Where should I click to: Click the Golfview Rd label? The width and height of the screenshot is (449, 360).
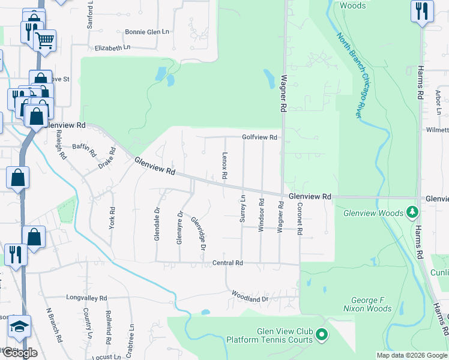coord(259,137)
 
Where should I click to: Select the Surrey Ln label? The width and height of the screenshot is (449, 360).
coord(243,209)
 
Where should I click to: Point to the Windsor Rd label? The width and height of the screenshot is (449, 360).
coord(262,213)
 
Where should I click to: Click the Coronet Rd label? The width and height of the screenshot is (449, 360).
coord(298,218)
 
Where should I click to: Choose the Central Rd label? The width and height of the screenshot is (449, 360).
coord(227,263)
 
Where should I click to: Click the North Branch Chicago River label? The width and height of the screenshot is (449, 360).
coord(358,75)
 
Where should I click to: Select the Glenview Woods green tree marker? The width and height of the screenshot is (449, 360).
coord(412,212)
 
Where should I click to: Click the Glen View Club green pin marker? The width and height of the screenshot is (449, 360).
coord(322,334)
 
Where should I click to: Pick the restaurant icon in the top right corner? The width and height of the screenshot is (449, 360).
coord(422,11)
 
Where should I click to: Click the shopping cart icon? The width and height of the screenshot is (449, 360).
coord(44,41)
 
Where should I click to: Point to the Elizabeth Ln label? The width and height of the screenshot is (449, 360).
coord(112,47)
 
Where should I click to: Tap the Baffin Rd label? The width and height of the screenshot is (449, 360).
coord(84,146)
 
